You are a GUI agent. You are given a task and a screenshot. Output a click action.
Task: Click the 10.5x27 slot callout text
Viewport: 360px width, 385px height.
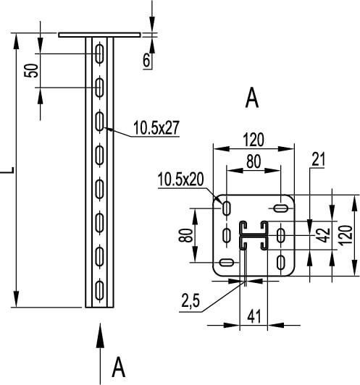coord(156,127)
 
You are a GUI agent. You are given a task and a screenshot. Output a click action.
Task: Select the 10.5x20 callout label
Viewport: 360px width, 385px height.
coord(180,179)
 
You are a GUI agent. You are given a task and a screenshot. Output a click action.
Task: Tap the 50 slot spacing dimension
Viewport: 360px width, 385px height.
coord(31,71)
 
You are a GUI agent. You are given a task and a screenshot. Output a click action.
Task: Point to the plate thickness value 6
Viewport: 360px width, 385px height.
coord(146,60)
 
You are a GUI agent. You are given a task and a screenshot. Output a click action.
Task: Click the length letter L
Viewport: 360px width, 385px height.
coord(7,169)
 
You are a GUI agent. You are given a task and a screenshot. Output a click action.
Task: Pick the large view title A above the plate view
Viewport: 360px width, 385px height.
coord(252,98)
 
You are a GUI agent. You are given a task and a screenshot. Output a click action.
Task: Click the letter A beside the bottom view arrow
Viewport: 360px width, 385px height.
coord(119,368)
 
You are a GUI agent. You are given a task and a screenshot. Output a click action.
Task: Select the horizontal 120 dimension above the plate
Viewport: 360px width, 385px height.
coord(254,140)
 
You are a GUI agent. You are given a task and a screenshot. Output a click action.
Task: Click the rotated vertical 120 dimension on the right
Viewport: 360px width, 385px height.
coord(346,235)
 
